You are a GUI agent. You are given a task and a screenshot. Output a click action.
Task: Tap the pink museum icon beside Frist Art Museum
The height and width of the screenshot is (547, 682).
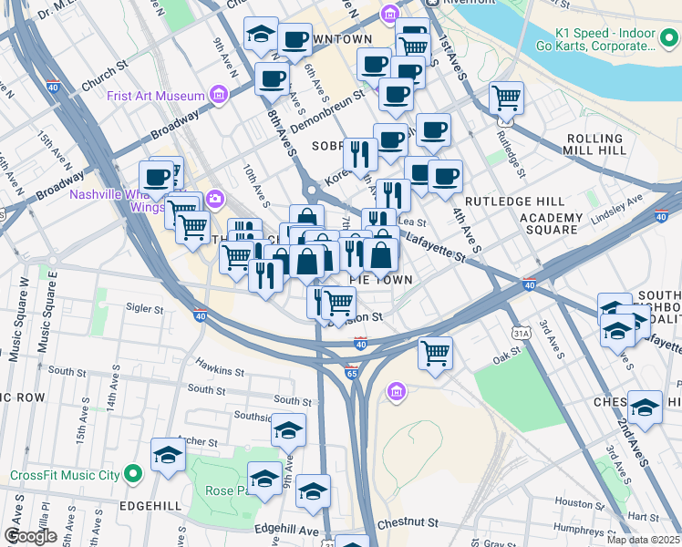[218, 94]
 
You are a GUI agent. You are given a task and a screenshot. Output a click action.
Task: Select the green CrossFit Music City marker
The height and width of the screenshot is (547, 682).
[133, 473]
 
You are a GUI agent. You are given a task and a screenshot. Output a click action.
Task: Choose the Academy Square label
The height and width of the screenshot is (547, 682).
[551, 223]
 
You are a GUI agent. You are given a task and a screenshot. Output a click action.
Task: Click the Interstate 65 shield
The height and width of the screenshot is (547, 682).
[352, 372]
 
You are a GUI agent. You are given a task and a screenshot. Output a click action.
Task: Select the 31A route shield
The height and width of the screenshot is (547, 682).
[521, 335]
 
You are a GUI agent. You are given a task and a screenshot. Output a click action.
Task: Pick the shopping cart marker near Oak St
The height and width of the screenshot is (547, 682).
[435, 352]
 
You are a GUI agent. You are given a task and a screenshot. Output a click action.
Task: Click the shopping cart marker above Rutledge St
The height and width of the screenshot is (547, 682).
[505, 98]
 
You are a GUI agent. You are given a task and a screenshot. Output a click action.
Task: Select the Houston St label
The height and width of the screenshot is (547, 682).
[574, 502]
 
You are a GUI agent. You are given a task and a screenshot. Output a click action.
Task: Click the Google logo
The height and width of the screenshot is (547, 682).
[31, 536]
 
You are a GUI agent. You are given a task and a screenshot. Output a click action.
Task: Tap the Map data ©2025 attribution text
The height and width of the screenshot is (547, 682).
[644, 540]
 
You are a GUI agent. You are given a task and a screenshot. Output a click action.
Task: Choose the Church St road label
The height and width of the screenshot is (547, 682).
[102, 73]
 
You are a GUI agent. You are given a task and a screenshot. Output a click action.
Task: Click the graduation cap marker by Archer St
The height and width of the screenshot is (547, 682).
[168, 456]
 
